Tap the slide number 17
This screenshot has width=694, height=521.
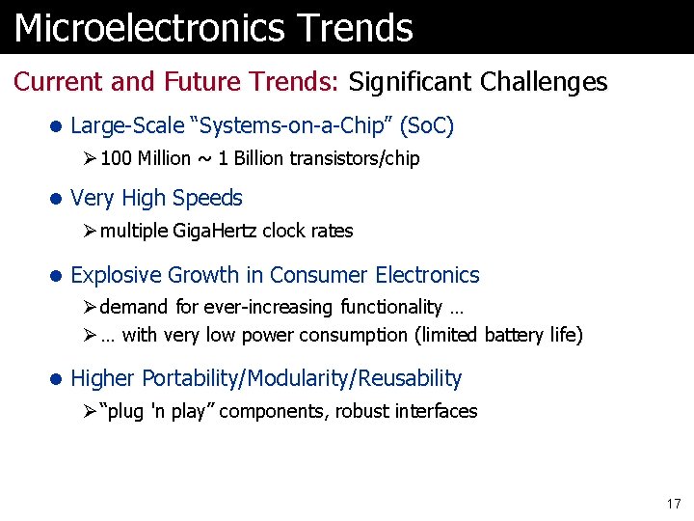pos(673,504)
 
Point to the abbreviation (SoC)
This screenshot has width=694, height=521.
pos(426,125)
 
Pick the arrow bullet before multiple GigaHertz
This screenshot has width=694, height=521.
pos(89,231)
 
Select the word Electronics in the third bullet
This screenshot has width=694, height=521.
pos(427,275)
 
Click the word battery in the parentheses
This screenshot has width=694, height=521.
pos(508,335)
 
